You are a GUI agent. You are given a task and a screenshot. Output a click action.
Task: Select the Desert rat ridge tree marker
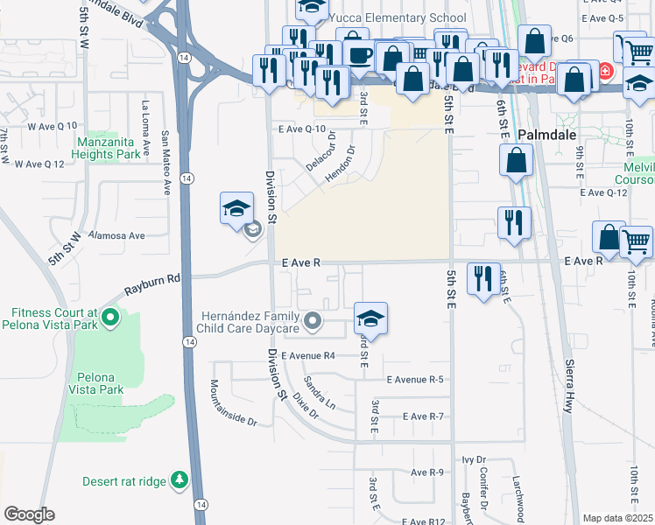point(180,479)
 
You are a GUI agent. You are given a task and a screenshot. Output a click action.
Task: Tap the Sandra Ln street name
point(320,393)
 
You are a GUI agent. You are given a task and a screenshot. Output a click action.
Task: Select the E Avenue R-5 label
point(415,379)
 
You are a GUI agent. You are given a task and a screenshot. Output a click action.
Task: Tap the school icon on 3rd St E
point(370,318)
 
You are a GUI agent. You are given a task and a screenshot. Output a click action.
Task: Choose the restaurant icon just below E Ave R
point(484,278)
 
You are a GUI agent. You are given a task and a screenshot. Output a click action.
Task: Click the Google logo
point(29,514)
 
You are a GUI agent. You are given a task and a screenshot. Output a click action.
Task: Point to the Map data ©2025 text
point(616,518)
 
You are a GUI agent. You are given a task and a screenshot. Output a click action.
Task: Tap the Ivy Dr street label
point(474,458)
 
